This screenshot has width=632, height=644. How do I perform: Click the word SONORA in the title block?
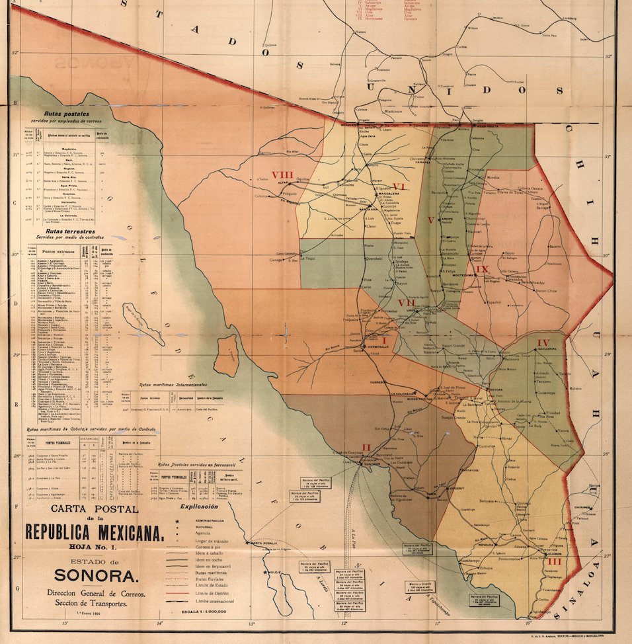[96, 575]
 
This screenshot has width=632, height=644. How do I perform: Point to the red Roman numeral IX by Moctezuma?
[483, 269]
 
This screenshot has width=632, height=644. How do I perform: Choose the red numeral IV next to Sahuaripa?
[543, 342]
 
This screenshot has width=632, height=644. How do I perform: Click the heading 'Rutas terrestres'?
[66, 232]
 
